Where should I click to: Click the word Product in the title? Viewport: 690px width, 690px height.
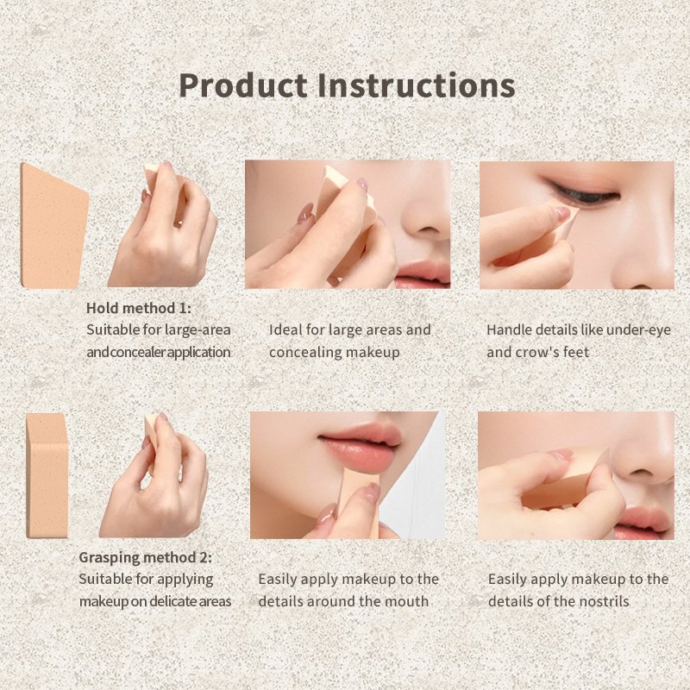pyautogui.click(x=243, y=85)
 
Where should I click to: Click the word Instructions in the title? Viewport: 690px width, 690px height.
pyautogui.click(x=417, y=85)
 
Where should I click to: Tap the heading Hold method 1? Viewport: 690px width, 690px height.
pyautogui.click(x=139, y=308)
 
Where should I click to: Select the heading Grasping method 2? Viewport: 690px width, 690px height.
pyautogui.click(x=145, y=557)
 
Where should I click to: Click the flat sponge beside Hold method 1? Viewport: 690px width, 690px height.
pyautogui.click(x=53, y=226)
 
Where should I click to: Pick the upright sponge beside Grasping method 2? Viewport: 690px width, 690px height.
pyautogui.click(x=47, y=476)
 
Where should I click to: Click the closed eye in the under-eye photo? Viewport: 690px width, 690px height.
pyautogui.click(x=583, y=193)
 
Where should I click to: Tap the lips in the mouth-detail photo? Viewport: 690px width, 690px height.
pyautogui.click(x=360, y=447)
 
